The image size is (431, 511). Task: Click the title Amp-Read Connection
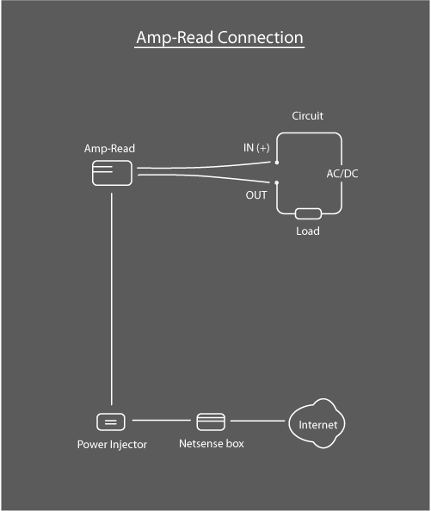[x=219, y=38]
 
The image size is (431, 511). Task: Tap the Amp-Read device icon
[x=111, y=174]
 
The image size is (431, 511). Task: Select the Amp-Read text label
[x=109, y=149]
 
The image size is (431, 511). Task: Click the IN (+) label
[x=256, y=148]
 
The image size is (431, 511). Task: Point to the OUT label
[x=256, y=195]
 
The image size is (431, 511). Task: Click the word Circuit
[x=307, y=115]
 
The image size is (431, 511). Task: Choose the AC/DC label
[x=342, y=174]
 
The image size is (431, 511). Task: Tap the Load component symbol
[x=307, y=213]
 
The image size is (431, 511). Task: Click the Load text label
[x=307, y=231]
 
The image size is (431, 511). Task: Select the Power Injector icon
[x=111, y=422]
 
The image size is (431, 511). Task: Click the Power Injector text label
[x=112, y=445]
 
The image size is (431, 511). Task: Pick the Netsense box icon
[x=211, y=422]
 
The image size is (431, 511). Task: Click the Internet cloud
[x=318, y=424]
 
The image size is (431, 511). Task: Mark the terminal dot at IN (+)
[x=276, y=162]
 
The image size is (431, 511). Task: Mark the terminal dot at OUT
[x=276, y=182]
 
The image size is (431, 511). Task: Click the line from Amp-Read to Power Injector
[x=111, y=301]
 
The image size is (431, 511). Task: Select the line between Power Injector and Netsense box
[x=161, y=422]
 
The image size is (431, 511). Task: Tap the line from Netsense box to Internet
[x=256, y=422]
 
